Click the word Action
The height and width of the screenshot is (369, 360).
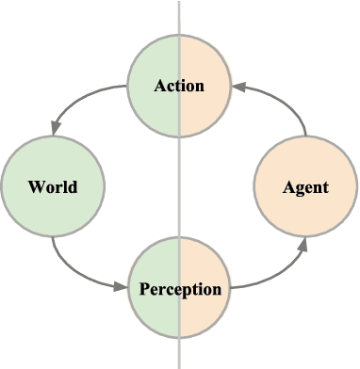tap(179, 86)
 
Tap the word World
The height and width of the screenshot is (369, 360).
tap(53, 186)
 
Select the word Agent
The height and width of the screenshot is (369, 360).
tap(305, 186)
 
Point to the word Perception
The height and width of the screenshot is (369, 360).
tap(179, 288)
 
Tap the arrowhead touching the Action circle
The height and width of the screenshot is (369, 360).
tap(238, 86)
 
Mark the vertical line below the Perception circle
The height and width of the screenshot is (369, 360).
tap(179, 353)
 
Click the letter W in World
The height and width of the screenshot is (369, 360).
tap(35, 186)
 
